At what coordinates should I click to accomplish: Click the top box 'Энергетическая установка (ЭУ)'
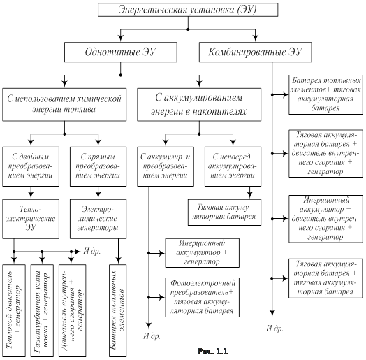point(188,10)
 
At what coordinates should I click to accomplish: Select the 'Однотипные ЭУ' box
point(120,52)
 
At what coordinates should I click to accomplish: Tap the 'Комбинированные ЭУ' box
point(255,52)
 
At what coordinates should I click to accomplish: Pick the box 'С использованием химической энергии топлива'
point(64,104)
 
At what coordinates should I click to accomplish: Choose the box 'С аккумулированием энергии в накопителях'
point(199,104)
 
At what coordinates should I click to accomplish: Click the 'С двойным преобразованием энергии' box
point(31,166)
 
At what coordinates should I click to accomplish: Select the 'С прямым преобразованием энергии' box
point(98,166)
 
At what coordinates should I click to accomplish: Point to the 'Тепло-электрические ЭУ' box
point(31,219)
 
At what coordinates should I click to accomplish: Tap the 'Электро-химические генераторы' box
point(98,219)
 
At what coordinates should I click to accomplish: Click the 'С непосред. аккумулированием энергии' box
point(233,166)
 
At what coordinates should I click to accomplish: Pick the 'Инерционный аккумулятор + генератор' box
point(202,253)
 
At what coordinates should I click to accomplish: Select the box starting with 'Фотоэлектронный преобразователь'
point(202,297)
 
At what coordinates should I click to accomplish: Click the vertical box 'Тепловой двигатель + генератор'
point(14,310)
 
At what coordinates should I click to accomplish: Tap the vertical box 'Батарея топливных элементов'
point(117,310)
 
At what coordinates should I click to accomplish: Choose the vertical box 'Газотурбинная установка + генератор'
point(42,310)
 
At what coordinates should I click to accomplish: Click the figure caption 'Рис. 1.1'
point(212,351)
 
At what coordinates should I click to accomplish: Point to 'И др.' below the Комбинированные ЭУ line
point(274,329)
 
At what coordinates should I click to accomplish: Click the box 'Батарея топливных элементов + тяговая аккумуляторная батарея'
point(325,94)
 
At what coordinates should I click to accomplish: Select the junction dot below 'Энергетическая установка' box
point(188,29)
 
